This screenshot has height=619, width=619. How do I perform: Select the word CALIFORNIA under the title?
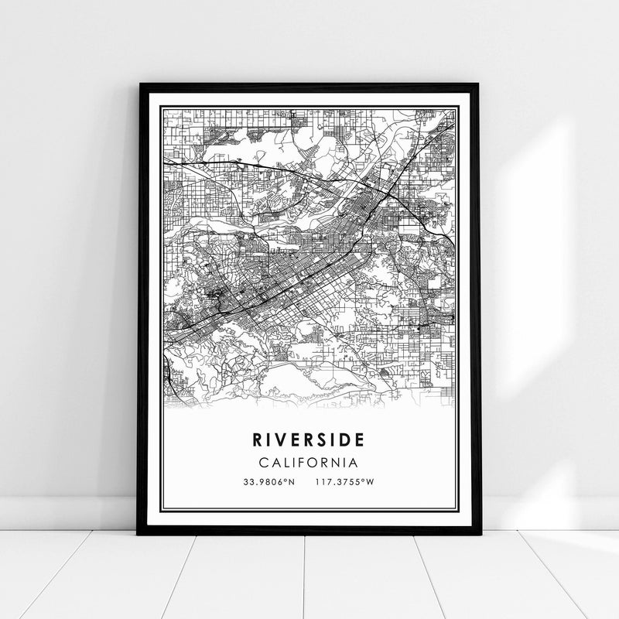click(309, 463)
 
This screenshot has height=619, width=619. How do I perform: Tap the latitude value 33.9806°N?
click(268, 483)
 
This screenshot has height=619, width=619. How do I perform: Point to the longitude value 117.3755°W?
click(345, 483)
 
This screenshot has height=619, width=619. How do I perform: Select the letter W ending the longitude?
click(371, 483)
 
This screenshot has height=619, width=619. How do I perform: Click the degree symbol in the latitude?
click(286, 480)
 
